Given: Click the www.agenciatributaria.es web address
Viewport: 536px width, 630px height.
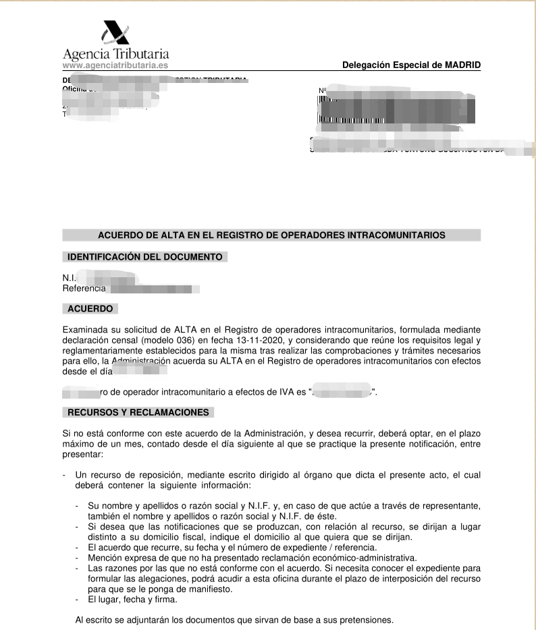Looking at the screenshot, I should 115,65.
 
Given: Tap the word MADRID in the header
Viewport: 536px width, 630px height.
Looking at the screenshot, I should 462,65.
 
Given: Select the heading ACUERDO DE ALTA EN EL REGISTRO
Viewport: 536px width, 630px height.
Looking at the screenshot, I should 271,235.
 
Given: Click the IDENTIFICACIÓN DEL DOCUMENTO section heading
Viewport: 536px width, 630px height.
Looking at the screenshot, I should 145,257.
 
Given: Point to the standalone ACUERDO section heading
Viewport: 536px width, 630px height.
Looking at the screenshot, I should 90,309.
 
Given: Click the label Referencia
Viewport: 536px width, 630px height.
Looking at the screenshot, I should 84,289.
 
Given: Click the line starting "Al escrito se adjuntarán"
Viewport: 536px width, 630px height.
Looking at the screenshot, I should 234,620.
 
